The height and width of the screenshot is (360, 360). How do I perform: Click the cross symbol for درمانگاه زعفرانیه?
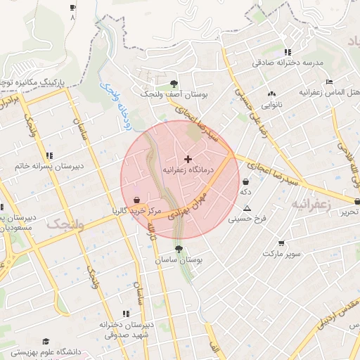pyautogui.click(x=188, y=160)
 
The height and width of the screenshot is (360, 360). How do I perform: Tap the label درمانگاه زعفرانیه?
pyautogui.click(x=188, y=170)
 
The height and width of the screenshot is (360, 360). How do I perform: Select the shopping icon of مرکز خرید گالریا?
pyautogui.click(x=135, y=200)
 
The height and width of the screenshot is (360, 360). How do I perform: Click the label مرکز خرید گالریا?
pyautogui.click(x=136, y=210)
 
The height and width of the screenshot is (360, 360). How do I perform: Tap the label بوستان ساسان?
pyautogui.click(x=179, y=260)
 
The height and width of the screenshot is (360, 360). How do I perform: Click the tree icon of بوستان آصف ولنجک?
pyautogui.click(x=174, y=84)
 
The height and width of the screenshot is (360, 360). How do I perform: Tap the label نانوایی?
pyautogui.click(x=272, y=104)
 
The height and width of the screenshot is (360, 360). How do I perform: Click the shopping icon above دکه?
pyautogui.click(x=245, y=181)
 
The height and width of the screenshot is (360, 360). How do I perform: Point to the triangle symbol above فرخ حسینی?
pyautogui.click(x=247, y=208)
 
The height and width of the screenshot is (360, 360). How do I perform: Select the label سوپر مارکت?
pyautogui.click(x=282, y=252)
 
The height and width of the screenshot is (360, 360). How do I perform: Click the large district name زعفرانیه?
pyautogui.click(x=310, y=204)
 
